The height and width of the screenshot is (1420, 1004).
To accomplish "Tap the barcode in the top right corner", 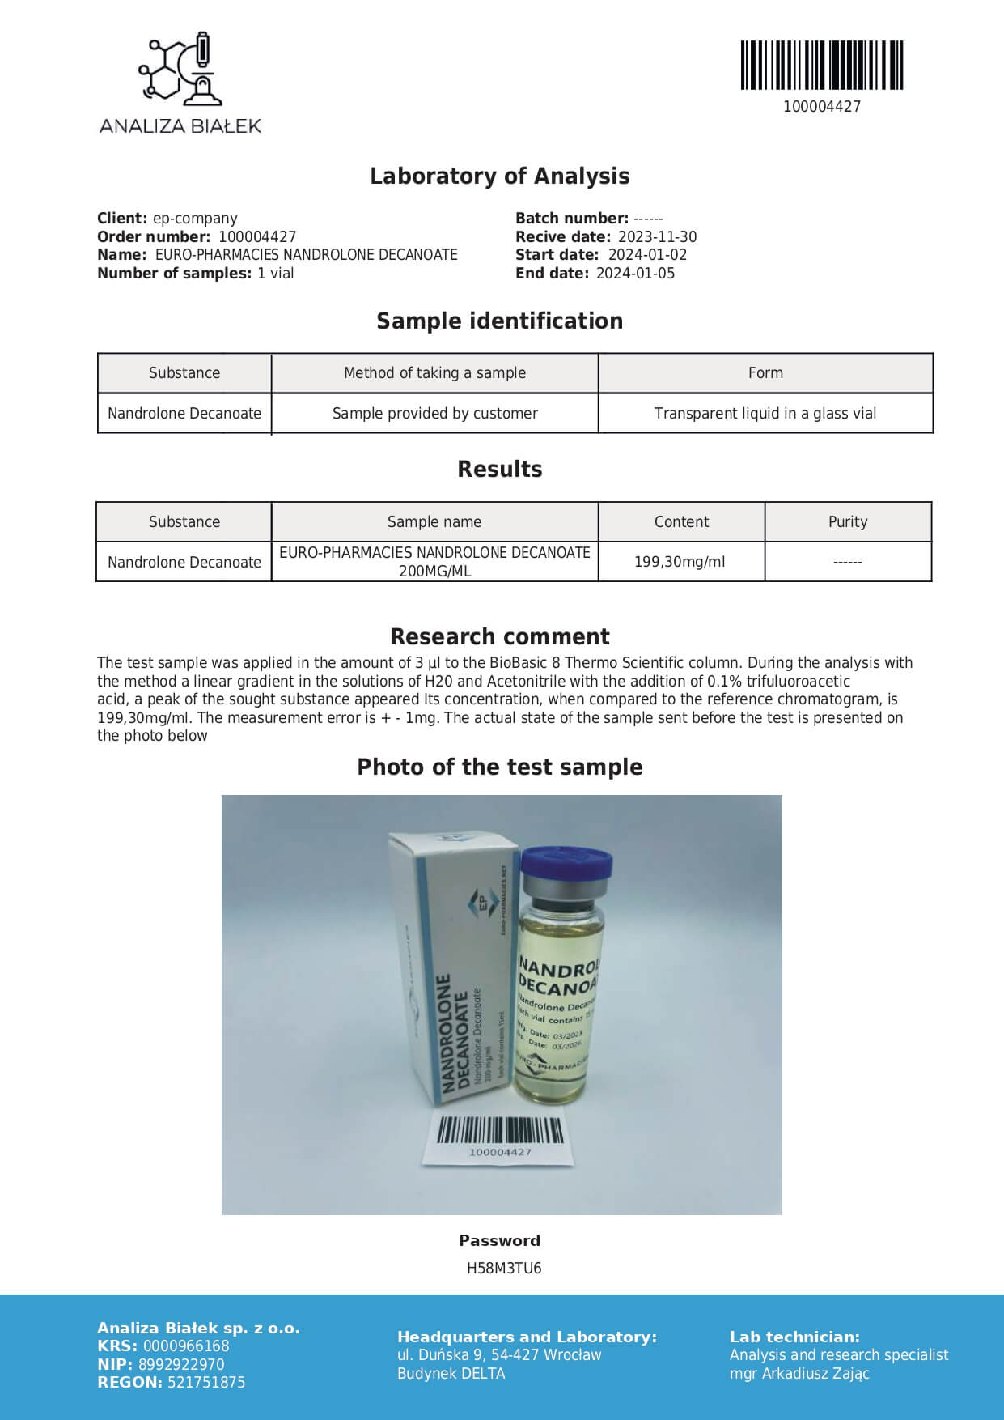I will coord(821,65).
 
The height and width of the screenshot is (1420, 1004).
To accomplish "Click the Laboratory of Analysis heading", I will coord(499,176).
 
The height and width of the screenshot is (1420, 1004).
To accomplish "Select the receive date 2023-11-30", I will coord(657,237).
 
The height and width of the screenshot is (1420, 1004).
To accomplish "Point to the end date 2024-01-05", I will coord(635,274).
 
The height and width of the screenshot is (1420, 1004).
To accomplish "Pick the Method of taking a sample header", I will coord(434,373).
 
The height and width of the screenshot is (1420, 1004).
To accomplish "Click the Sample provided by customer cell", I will coord(434,414).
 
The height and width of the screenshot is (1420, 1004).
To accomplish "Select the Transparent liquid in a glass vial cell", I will coord(765,414).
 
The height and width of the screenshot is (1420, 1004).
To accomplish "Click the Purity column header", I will coord(847,522).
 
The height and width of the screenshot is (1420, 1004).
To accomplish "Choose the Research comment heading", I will coord(499,636).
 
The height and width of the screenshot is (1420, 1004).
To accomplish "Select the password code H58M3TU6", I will coord(503,1269).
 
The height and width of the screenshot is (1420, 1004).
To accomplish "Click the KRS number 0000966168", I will coord(186,1346).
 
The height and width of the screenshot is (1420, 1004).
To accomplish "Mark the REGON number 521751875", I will coord(206,1383).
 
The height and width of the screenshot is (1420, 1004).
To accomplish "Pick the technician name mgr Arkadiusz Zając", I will coord(799,1374).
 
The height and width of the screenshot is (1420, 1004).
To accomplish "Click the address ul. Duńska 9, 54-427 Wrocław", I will coord(499,1355).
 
